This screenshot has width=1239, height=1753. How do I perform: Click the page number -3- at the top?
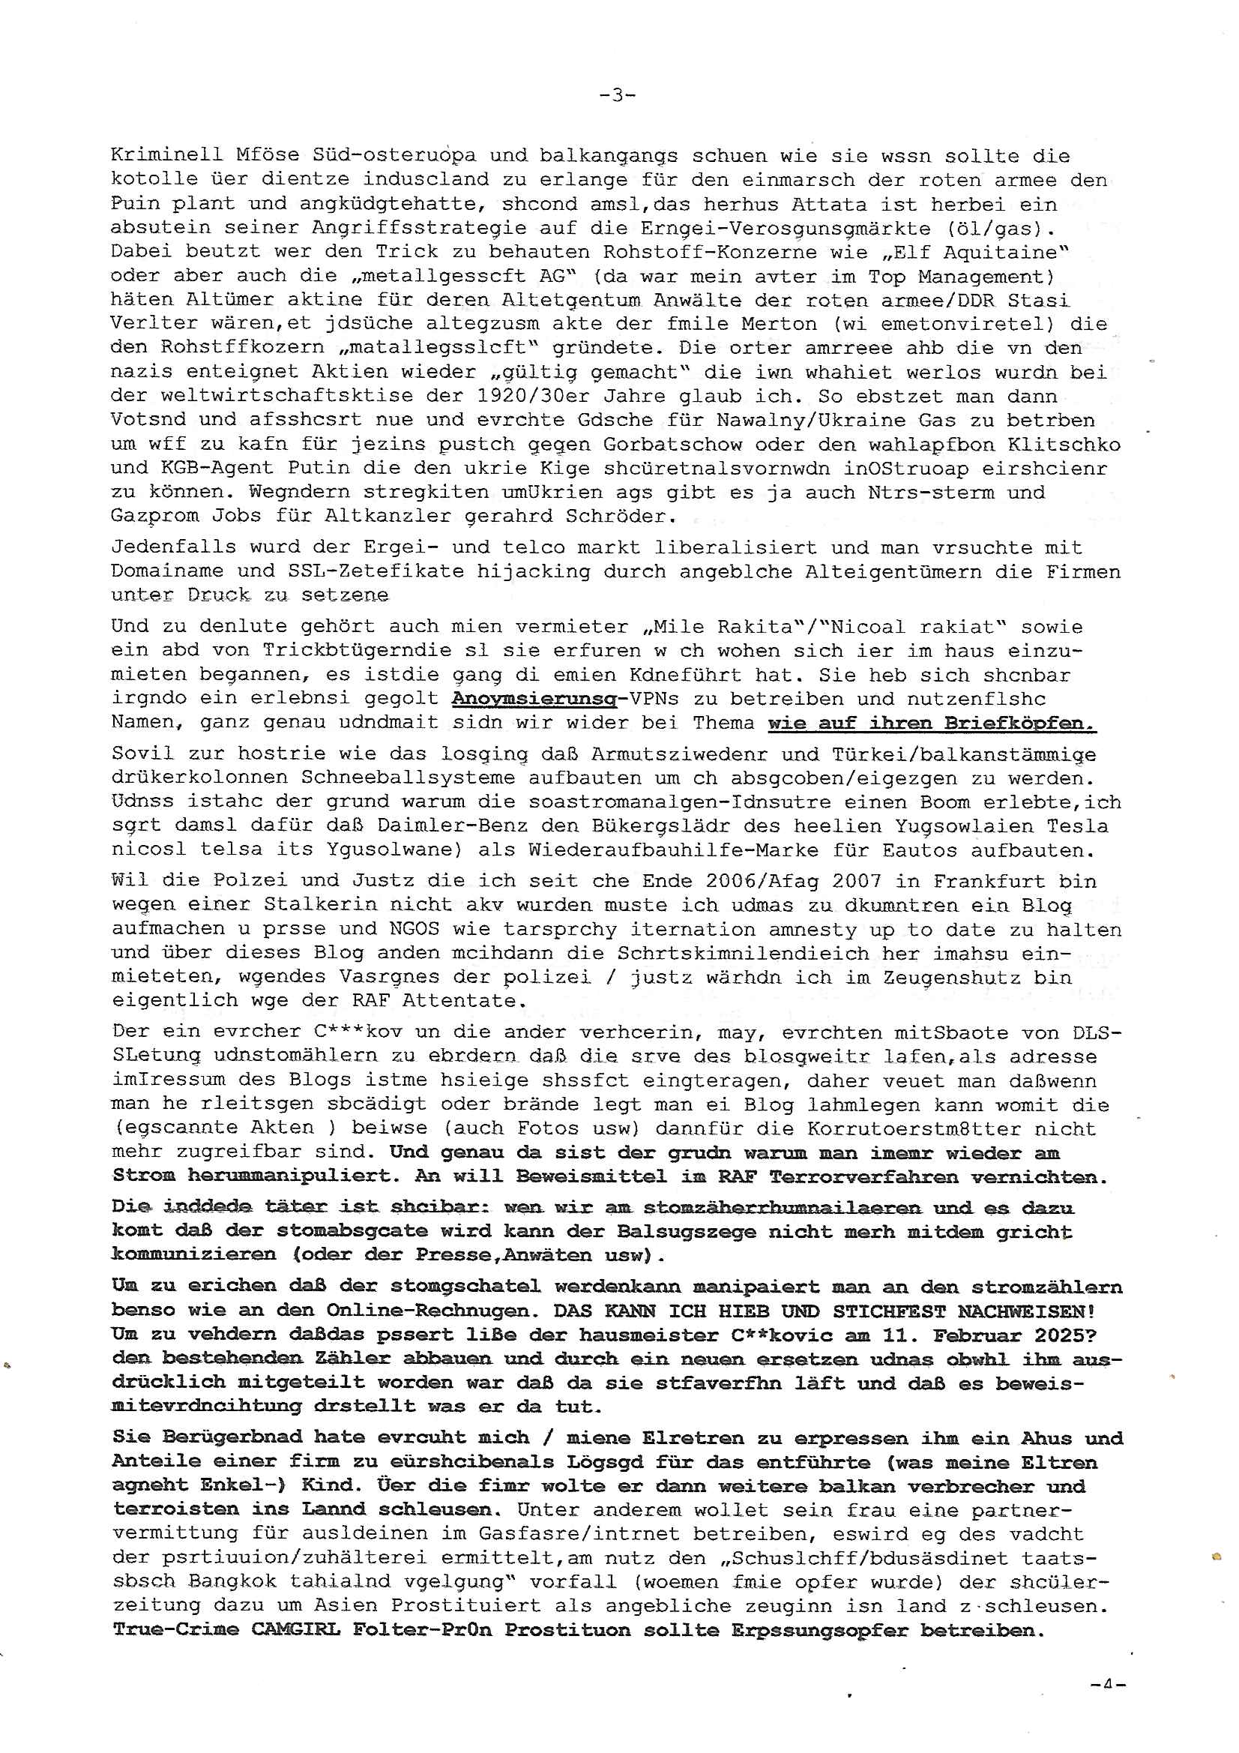click(617, 95)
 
